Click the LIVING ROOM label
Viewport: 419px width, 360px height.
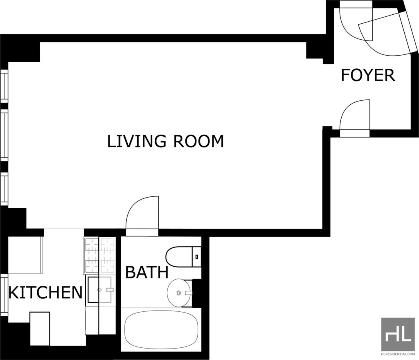[165, 141]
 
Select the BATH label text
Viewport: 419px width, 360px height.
[147, 272]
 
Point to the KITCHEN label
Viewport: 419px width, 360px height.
[45, 292]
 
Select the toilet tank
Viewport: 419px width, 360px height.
[197, 257]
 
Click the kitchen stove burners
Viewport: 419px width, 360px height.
[100, 255]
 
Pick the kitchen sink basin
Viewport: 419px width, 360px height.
[99, 290]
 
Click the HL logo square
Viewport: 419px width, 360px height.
[398, 334]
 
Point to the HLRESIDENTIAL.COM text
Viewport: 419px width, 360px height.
[398, 354]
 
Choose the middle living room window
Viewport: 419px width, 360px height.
[4, 135]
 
